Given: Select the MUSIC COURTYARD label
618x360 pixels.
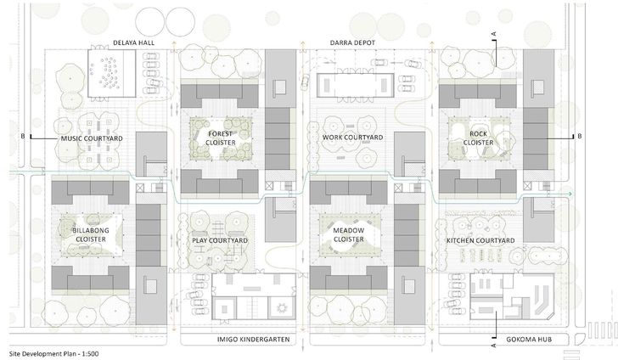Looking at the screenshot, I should point(92,138).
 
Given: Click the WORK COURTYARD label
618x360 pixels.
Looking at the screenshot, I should point(353,138).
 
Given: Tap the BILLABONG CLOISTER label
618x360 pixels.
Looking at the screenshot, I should point(91,235).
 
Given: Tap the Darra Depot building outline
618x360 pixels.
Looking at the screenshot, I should point(355,84).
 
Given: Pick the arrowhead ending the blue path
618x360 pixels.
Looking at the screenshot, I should point(571,194).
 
